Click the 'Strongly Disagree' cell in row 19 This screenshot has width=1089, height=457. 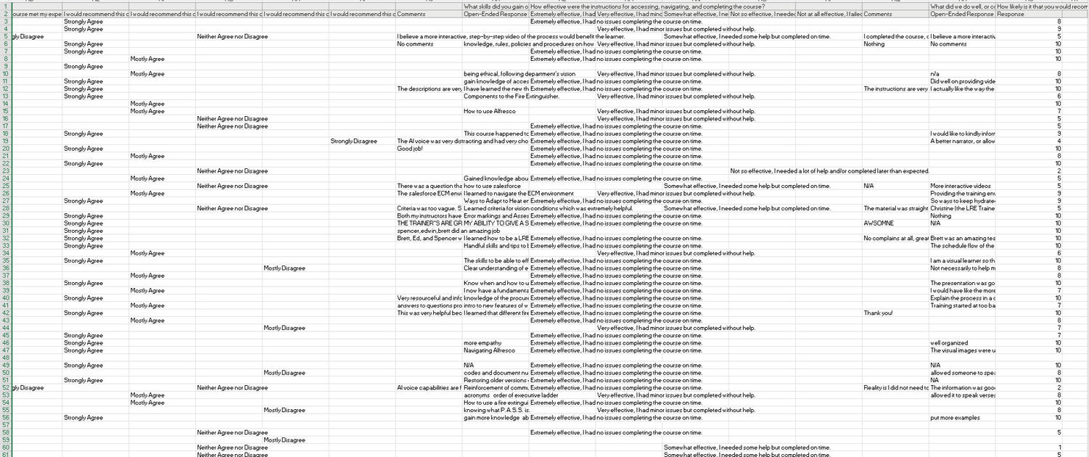[x=353, y=141]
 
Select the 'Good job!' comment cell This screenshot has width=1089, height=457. [x=410, y=149]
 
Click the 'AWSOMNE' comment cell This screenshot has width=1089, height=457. [x=879, y=223]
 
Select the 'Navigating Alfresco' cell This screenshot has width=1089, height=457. [x=489, y=350]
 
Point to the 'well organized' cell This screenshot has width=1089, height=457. [x=950, y=343]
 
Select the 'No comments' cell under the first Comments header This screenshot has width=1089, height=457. [x=415, y=44]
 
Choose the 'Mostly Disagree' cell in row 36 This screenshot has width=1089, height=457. [x=284, y=268]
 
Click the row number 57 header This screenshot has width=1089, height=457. [x=6, y=425]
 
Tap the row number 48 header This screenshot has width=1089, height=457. [x=6, y=358]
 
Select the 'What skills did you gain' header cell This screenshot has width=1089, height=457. [x=496, y=7]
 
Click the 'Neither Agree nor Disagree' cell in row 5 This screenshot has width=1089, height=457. [x=232, y=36]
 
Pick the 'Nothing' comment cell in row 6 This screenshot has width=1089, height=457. [x=874, y=44]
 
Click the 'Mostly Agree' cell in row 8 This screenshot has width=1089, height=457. [x=147, y=59]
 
